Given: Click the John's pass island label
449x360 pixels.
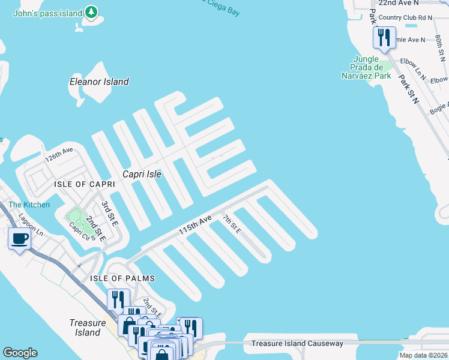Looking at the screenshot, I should click(x=47, y=12).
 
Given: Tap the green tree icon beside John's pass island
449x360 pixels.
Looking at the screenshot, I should click(x=91, y=12).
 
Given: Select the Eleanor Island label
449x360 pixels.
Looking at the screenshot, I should click(x=99, y=82).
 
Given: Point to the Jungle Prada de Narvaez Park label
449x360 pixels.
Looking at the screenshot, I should click(x=366, y=67).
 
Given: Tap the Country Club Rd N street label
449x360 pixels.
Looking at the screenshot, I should click(x=406, y=18).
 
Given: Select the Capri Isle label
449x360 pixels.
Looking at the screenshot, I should click(x=142, y=174).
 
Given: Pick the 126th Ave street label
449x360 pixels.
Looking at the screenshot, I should click(x=59, y=155).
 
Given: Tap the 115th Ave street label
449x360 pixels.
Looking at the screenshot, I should click(x=194, y=226).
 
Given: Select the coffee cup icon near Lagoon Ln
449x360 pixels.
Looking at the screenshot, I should click(x=19, y=239).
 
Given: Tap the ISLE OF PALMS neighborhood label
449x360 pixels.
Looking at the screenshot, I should click(x=122, y=278).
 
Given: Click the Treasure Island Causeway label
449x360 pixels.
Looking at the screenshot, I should click(x=297, y=343).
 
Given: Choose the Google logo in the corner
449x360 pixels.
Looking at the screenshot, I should click(x=20, y=353).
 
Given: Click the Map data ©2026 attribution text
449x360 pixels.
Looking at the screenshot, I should click(x=423, y=355).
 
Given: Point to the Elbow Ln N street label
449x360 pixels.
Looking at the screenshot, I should click(x=413, y=72).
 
